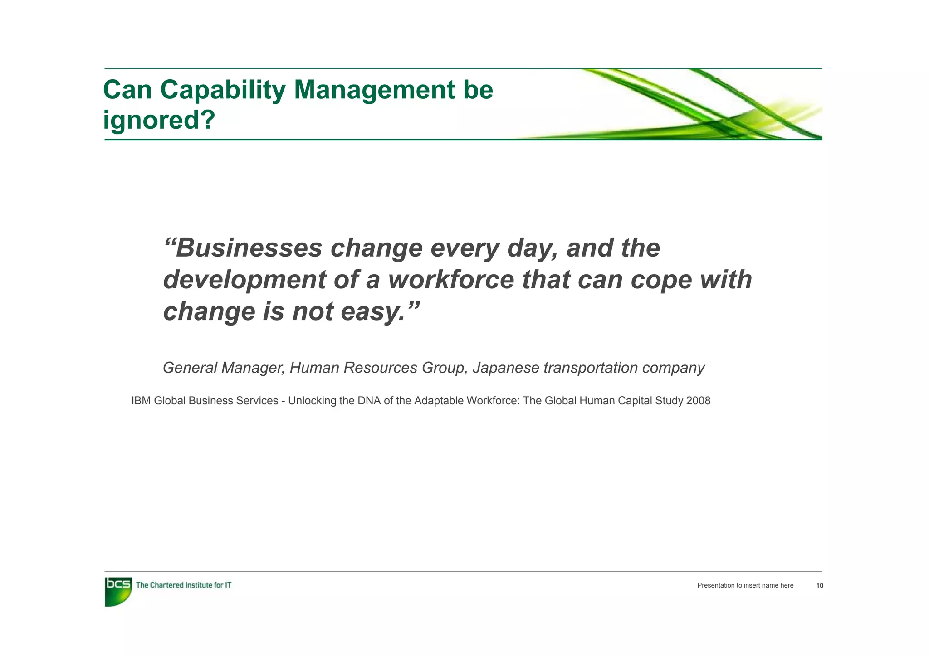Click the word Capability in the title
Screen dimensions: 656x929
[222, 90]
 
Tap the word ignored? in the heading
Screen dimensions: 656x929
[159, 120]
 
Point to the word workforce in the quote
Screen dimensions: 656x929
[451, 280]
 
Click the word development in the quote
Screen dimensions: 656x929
[244, 280]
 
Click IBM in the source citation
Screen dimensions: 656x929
[141, 401]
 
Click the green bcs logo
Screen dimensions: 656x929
[118, 591]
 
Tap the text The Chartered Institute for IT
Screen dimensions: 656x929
[183, 585]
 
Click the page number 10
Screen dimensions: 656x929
[819, 586]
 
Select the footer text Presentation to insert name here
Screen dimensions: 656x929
[745, 586]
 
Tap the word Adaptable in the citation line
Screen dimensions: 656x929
[436, 401]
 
